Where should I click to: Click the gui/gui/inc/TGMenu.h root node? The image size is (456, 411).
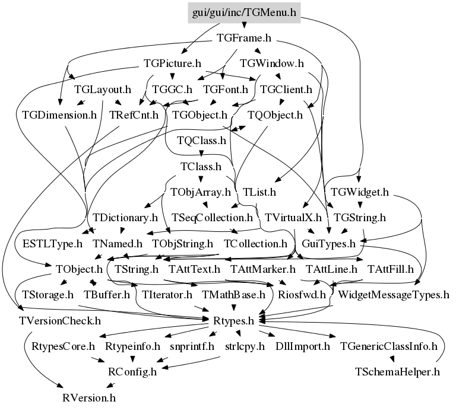point(244,12)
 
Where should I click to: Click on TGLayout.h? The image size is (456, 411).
point(103,90)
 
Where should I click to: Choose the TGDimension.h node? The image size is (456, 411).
point(59,114)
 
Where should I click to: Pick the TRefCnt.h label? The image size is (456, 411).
point(134,114)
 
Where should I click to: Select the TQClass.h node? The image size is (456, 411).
point(202,141)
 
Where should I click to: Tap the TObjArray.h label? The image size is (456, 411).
point(201,192)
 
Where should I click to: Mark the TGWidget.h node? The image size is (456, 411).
point(360,192)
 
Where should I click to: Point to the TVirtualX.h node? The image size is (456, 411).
point(293,217)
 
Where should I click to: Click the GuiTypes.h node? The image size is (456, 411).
point(329,243)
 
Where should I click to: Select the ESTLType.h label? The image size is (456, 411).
point(52,243)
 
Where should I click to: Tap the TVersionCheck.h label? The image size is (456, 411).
point(60,321)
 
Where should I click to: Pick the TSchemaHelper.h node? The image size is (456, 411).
point(397,372)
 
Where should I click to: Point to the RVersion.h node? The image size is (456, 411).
point(89,397)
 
